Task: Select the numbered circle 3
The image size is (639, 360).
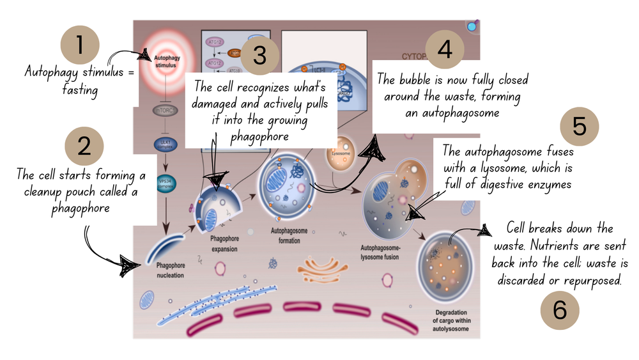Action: pos(259,56)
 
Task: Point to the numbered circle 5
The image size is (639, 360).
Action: pos(579,127)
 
